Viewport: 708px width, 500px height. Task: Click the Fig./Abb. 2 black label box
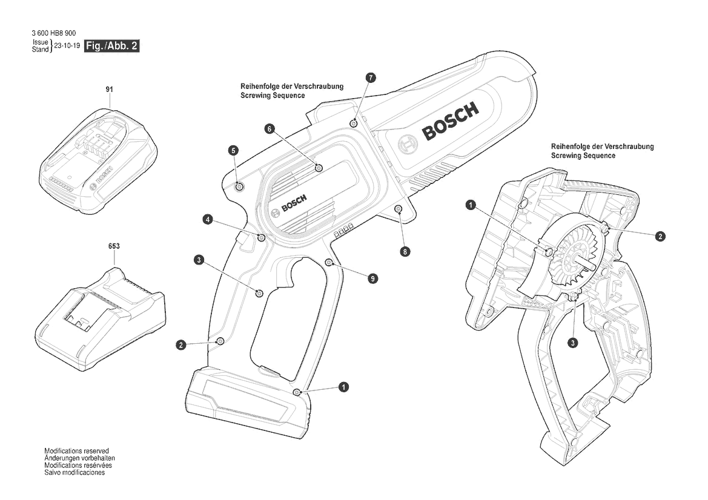click(112, 45)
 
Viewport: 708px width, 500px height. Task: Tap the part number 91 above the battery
click(109, 90)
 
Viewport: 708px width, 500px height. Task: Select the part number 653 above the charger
click(114, 246)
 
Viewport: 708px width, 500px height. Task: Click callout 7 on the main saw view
click(370, 77)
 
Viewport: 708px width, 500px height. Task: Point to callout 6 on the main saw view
click(270, 129)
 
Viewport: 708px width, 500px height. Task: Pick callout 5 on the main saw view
click(233, 150)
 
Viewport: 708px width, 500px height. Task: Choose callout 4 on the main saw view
click(207, 220)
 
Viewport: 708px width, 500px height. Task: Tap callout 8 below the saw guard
click(405, 251)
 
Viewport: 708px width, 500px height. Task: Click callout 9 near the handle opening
click(372, 278)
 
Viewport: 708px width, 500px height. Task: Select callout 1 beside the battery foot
click(343, 387)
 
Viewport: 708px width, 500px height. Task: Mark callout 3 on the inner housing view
click(572, 343)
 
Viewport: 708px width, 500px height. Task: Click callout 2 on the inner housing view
click(660, 236)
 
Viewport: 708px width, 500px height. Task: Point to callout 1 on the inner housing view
click(471, 205)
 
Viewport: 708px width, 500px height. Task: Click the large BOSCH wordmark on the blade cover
click(450, 121)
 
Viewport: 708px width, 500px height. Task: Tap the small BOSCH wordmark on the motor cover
click(294, 202)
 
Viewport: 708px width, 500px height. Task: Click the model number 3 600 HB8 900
click(54, 33)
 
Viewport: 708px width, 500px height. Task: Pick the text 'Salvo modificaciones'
click(74, 473)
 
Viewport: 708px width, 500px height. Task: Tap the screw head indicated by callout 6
click(319, 168)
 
